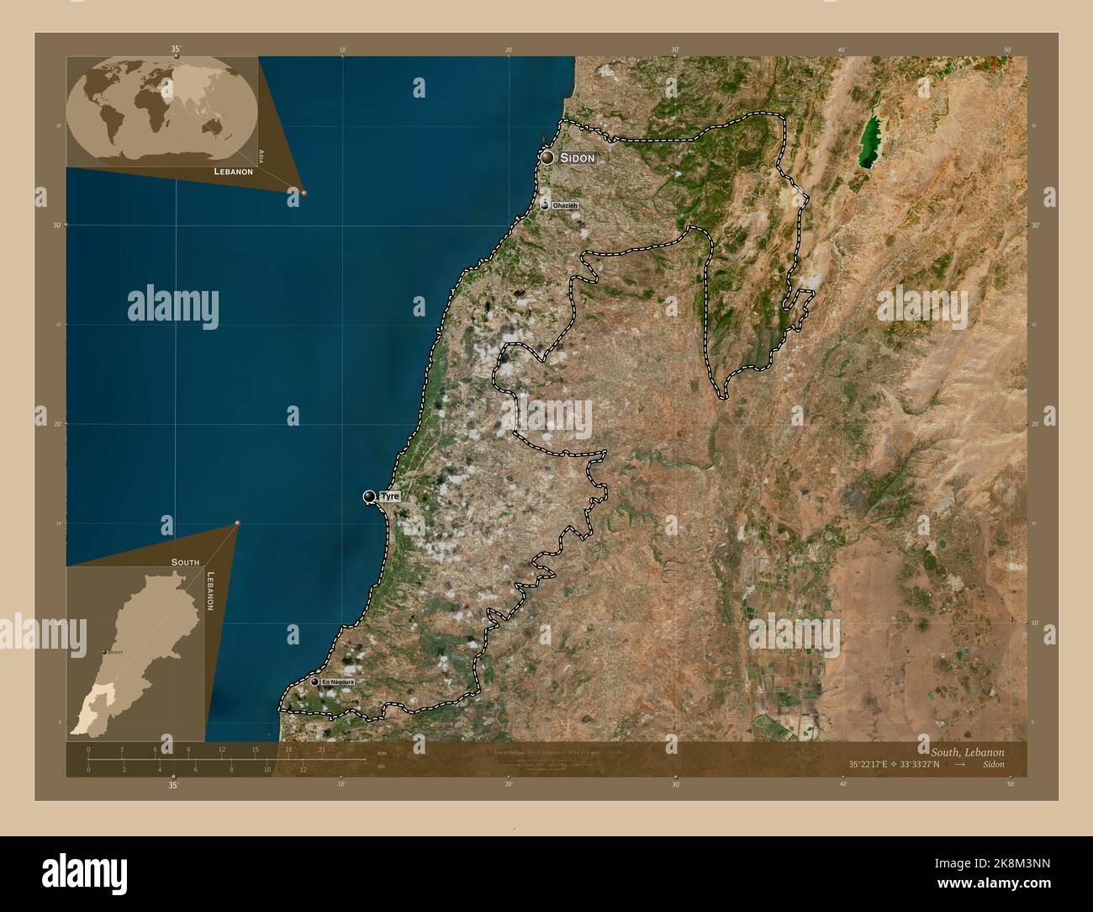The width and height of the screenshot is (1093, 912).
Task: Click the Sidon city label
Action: click(x=578, y=158)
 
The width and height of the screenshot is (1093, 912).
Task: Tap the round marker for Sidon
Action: click(x=547, y=157)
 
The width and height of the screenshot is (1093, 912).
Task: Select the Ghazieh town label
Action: click(x=565, y=206)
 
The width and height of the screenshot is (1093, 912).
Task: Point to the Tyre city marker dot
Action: click(x=369, y=496)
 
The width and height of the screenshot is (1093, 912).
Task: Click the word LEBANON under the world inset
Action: click(x=234, y=171)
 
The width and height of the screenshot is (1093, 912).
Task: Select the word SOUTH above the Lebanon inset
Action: click(x=185, y=561)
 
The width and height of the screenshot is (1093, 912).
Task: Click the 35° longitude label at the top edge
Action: click(x=175, y=50)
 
